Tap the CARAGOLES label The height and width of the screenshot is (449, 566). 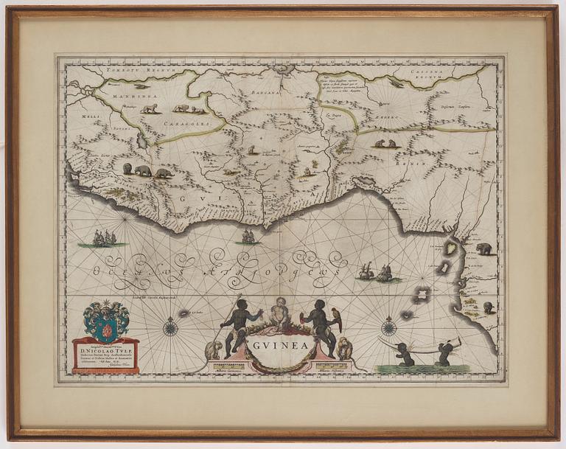195,125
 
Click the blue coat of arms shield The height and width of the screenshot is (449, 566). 107,320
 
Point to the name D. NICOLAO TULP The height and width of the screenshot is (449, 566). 106,351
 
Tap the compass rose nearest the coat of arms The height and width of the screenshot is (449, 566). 170,326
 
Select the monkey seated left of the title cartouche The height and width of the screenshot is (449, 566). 214,349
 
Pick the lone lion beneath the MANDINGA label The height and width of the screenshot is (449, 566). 150,108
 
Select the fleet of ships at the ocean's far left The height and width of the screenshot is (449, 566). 104,238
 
